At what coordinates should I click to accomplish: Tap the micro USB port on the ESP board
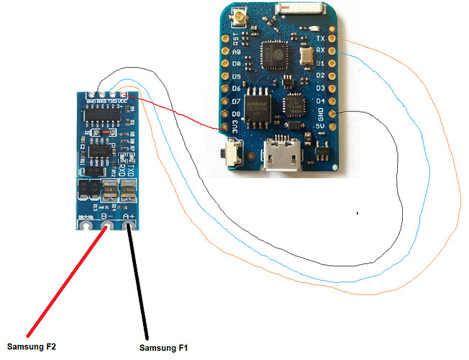tap(281, 156)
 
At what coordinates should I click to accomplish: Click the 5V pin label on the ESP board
tap(322, 127)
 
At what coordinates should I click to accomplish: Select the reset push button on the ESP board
tap(232, 153)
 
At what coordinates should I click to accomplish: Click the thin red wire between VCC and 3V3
tap(180, 112)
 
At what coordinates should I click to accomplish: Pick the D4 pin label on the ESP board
tap(322, 101)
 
